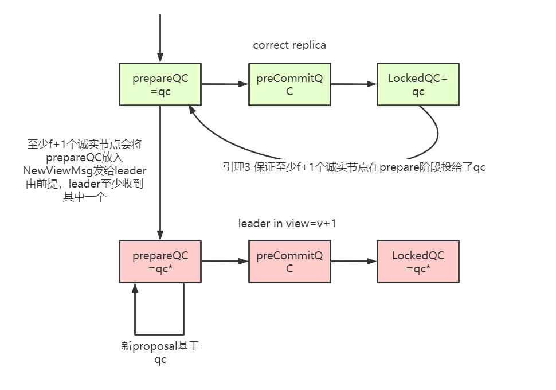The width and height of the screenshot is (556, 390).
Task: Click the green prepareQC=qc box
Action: point(160,84)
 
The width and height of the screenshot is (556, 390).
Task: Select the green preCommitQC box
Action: point(289,84)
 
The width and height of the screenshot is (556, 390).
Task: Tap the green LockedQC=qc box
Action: point(418,84)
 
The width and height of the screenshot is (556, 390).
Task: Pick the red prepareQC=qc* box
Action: point(160,262)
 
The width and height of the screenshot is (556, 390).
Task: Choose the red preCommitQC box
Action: point(289,262)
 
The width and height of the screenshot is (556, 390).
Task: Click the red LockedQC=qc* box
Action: point(418,262)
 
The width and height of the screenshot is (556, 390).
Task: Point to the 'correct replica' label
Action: point(289,45)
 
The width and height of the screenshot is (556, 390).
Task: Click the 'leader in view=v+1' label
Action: point(287,223)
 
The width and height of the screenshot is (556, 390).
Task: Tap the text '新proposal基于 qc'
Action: point(160,353)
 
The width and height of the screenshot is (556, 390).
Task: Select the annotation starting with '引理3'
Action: point(354,167)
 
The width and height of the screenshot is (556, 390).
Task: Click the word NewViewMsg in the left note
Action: point(54,171)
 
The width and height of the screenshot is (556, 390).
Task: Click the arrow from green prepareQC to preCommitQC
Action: point(225,84)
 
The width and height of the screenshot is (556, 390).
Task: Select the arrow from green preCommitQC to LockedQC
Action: point(354,84)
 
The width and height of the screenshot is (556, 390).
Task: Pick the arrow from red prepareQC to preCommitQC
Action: point(225,262)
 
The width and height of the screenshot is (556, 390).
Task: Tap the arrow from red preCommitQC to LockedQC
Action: point(354,262)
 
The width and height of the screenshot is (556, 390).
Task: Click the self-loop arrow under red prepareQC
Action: point(159,334)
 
